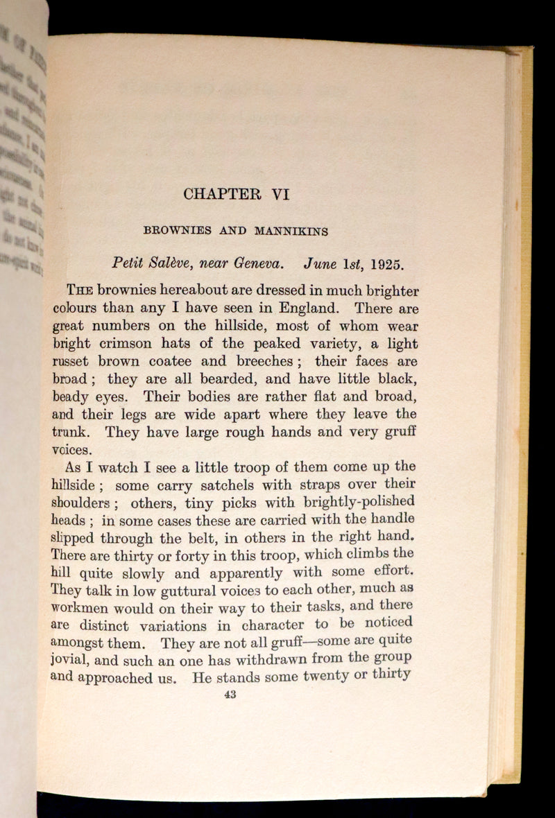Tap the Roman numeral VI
(280, 195)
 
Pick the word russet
(72, 362)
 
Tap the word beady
(72, 398)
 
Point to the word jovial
(71, 662)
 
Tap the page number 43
(231, 696)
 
